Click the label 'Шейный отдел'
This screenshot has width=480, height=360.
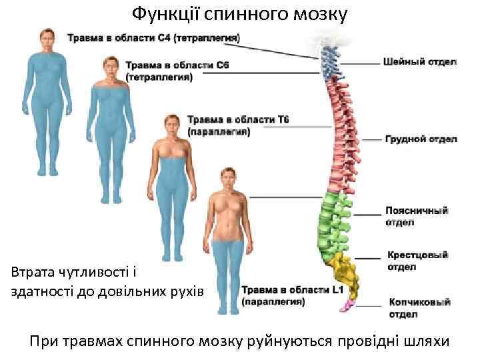419,62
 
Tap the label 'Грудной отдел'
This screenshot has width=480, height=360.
421,139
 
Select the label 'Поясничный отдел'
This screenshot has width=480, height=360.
416,216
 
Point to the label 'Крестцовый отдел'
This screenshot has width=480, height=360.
417,261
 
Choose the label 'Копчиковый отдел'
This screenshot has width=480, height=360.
419,307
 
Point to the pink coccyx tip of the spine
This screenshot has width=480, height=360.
347,305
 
